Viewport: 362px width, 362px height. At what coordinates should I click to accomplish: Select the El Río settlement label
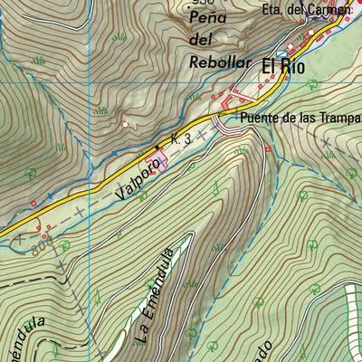pyautogui.click(x=284, y=66)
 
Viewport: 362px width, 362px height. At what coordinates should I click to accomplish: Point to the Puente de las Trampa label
pyautogui.click(x=300, y=117)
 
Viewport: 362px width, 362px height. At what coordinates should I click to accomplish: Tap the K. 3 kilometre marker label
pyautogui.click(x=180, y=138)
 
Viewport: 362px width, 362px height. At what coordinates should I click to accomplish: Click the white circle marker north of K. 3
pyautogui.click(x=125, y=124)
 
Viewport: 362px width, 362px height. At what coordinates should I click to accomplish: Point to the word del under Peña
pyautogui.click(x=200, y=41)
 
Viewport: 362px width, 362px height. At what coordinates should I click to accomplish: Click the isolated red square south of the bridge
pyautogui.click(x=268, y=149)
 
